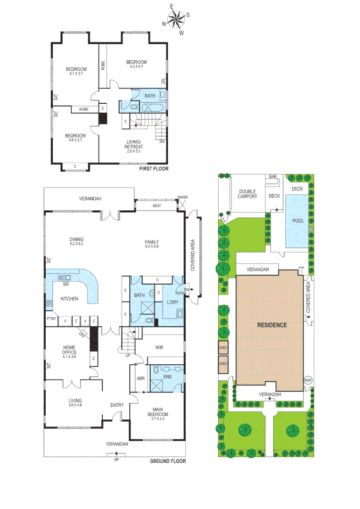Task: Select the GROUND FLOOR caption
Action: click(168, 461)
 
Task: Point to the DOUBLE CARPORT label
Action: click(247, 193)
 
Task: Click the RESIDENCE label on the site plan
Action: click(272, 325)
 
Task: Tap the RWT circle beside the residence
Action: click(308, 380)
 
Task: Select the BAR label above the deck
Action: click(273, 176)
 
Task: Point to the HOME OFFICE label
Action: click(69, 349)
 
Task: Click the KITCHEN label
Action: click(69, 299)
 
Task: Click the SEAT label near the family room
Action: click(157, 205)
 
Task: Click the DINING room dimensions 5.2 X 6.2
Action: click(76, 244)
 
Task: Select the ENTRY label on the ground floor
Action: click(117, 405)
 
